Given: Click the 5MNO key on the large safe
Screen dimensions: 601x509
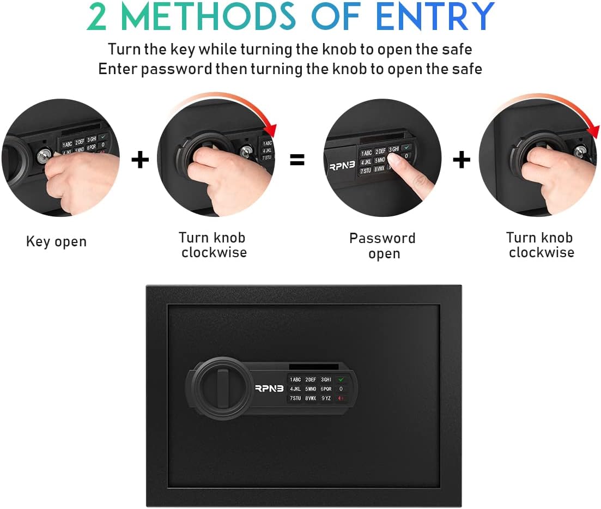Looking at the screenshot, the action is pyautogui.click(x=311, y=389).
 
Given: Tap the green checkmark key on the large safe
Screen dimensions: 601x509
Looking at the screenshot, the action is pyautogui.click(x=341, y=379).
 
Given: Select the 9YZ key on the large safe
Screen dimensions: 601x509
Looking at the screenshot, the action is pyautogui.click(x=326, y=398).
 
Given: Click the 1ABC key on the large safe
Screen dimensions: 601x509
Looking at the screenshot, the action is pyautogui.click(x=295, y=379).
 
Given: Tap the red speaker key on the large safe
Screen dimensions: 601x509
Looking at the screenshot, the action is pyautogui.click(x=341, y=398).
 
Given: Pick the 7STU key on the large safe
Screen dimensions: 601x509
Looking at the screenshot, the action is pyautogui.click(x=295, y=398).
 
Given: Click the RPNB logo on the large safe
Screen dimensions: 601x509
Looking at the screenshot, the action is pyautogui.click(x=270, y=389).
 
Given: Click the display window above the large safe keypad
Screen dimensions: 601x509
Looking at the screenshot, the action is pyautogui.click(x=314, y=366).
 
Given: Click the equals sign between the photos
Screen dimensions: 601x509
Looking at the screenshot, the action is pyautogui.click(x=297, y=160).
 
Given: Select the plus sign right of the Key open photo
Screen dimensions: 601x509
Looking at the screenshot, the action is pyautogui.click(x=140, y=160).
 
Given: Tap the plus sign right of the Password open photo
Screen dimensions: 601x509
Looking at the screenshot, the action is pyautogui.click(x=462, y=160).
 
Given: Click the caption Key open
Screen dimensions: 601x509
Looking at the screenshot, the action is pyautogui.click(x=56, y=242).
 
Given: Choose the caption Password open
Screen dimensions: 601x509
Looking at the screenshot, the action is pyautogui.click(x=383, y=246).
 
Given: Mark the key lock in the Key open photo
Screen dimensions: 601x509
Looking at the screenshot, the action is pyautogui.click(x=44, y=156).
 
